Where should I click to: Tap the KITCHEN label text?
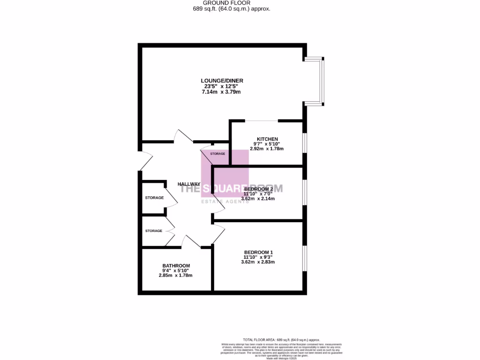pyautogui.click(x=267, y=139)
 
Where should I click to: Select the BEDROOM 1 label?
pyautogui.click(x=258, y=252)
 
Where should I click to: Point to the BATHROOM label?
pyautogui.click(x=176, y=266)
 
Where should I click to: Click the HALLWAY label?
pyautogui.click(x=189, y=184)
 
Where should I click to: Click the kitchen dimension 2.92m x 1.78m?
pyautogui.click(x=267, y=148)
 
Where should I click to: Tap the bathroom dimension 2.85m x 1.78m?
pyautogui.click(x=176, y=275)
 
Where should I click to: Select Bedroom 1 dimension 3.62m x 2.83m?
pyautogui.click(x=258, y=262)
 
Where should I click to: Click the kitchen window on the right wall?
pyautogui.click(x=305, y=142)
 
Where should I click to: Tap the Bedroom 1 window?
pyautogui.click(x=305, y=258)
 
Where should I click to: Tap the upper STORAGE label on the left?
pyautogui.click(x=154, y=198)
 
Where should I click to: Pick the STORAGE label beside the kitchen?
pyautogui.click(x=217, y=154)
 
